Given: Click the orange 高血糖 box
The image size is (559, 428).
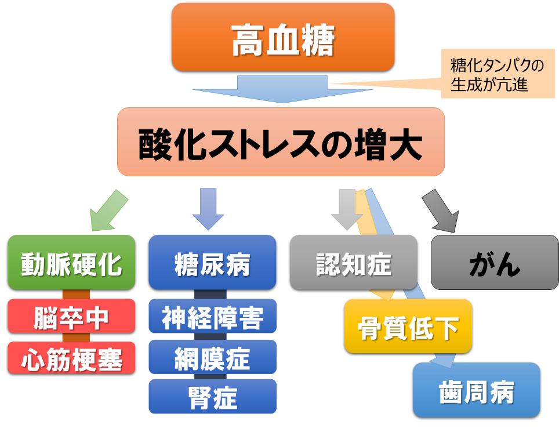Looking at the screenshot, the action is pyautogui.click(x=283, y=37).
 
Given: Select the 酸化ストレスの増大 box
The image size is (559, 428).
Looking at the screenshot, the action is pyautogui.click(x=281, y=142).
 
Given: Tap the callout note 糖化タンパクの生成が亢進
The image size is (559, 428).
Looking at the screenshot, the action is pyautogui.click(x=498, y=74).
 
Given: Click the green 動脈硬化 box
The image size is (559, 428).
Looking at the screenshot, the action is pyautogui.click(x=71, y=262).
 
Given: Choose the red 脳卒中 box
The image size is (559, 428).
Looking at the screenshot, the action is pyautogui.click(x=71, y=316).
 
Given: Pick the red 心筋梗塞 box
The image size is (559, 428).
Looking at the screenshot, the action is pyautogui.click(x=71, y=358).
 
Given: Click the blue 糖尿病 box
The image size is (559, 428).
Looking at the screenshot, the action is pyautogui.click(x=212, y=262).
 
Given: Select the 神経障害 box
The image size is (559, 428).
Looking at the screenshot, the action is pyautogui.click(x=212, y=316).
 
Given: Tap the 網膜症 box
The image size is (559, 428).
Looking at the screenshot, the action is pyautogui.click(x=212, y=357).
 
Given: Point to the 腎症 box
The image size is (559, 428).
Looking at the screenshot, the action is pyautogui.click(x=212, y=396).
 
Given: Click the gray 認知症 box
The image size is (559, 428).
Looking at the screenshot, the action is pyautogui.click(x=354, y=262).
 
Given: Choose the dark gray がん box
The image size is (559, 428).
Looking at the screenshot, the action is pyautogui.click(x=495, y=262).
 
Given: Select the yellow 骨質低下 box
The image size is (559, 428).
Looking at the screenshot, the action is pyautogui.click(x=408, y=326).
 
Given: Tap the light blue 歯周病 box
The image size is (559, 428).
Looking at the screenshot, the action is pyautogui.click(x=477, y=390).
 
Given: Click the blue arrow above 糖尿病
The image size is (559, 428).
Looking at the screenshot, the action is pyautogui.click(x=208, y=209).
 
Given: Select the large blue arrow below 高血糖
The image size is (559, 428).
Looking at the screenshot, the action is pyautogui.click(x=282, y=89).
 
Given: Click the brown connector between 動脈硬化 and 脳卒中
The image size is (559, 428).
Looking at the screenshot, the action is pyautogui.click(x=76, y=294).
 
